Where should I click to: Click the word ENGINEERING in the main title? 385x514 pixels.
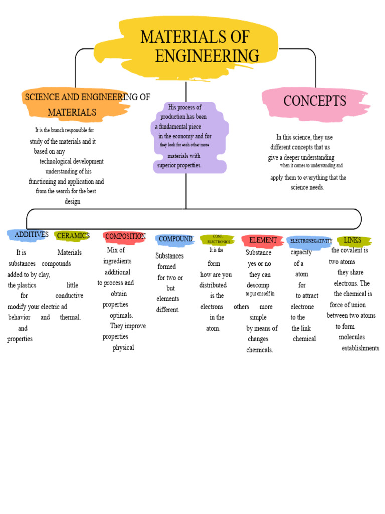pos(207,56)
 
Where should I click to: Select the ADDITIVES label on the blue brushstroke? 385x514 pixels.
pos(31,234)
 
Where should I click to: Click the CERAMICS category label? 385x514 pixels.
pos(73,235)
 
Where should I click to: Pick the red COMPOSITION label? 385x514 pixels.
pos(125,236)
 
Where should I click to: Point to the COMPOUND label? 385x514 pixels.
pos(175,239)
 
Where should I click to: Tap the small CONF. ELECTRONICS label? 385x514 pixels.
pos(218,239)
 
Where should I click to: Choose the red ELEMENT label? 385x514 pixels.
pos(263,240)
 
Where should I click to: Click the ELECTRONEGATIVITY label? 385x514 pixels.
pos(311,241)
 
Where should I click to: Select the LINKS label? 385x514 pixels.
pos(353,240)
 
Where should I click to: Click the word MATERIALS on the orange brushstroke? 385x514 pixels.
pos(72,112)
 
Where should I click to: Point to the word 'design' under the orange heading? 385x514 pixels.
pos(72,201)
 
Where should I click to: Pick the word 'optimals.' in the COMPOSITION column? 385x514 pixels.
pos(121,315)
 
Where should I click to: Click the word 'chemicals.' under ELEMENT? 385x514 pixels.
pos(260,350)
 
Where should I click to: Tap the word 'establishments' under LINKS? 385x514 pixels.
pos(360,348)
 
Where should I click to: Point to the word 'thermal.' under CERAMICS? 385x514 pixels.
pos(70,317)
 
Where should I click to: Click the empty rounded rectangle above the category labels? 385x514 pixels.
pos(194,219)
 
